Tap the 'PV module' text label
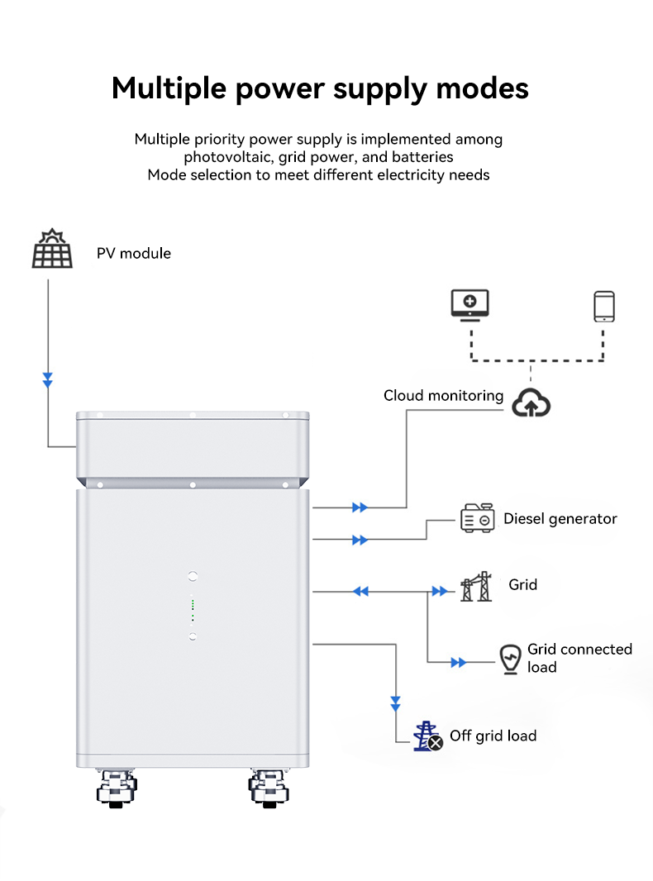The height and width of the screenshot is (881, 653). tap(134, 253)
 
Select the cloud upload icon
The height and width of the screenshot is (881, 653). tap(531, 402)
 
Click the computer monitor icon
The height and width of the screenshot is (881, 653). tap(470, 304)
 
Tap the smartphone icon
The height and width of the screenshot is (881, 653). tap(604, 306)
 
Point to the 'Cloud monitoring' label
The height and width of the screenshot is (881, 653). tap(443, 396)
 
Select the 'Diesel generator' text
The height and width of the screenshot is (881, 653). tap(560, 519)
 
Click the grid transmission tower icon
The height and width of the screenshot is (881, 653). tap(476, 586)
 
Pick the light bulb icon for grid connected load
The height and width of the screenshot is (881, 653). tap(511, 659)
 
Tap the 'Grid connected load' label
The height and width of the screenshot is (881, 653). tap(579, 658)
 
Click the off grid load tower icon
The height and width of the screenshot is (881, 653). tap(427, 736)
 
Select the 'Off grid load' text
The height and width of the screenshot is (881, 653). tap(493, 736)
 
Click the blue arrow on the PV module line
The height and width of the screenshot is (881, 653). tap(48, 380)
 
